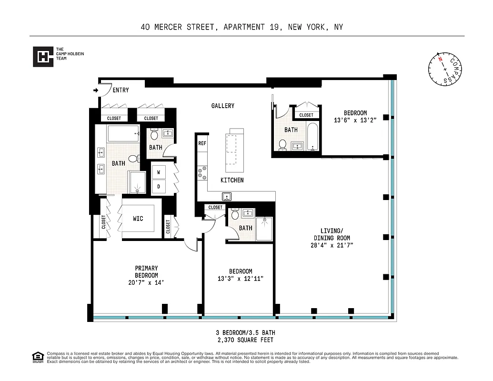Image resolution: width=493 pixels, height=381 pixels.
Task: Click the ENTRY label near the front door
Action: point(121,90)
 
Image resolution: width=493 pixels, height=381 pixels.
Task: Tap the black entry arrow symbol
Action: point(96,90)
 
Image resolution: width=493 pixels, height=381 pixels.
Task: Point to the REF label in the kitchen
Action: point(202,143)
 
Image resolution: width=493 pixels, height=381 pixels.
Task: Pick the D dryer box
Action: point(158,186)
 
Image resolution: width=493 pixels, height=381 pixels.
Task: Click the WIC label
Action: point(138,219)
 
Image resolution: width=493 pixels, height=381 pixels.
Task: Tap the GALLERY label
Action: point(223,106)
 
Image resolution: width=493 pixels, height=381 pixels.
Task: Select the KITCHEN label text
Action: point(232,180)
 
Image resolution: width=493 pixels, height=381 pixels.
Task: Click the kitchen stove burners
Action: point(202,172)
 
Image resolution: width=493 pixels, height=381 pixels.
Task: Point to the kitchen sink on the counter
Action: point(227,196)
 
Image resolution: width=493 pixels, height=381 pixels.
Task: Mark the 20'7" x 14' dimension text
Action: point(146,282)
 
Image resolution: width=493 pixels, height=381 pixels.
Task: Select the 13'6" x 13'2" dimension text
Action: point(355,120)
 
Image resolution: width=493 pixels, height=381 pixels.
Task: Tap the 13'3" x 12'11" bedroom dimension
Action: point(240,278)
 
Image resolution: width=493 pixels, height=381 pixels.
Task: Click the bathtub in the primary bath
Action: point(123,134)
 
